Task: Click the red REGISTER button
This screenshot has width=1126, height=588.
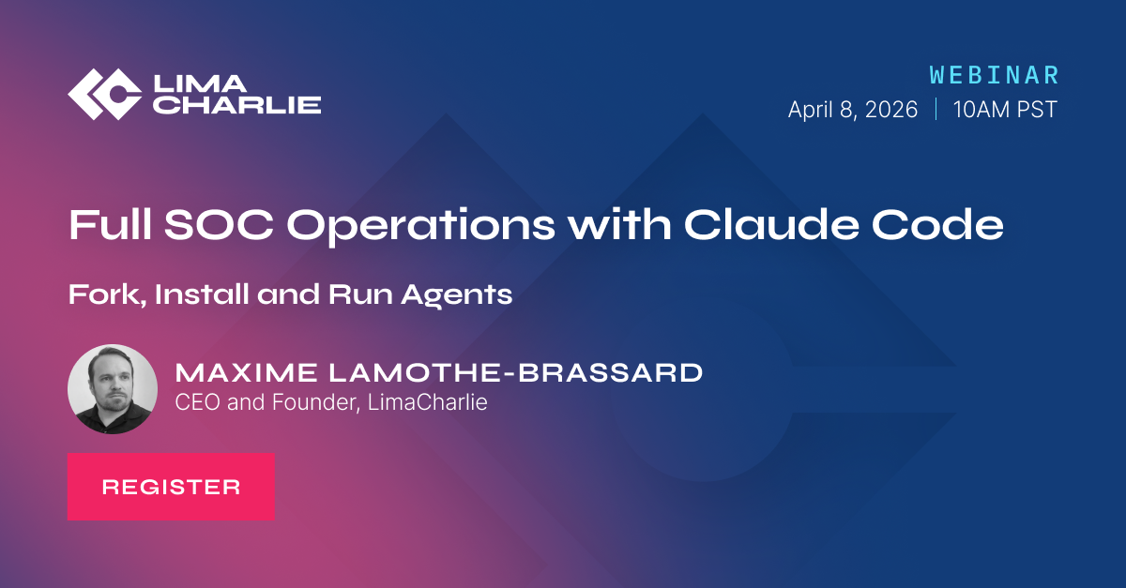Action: click(171, 487)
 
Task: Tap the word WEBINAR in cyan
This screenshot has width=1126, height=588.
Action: click(995, 75)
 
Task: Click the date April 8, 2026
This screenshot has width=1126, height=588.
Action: click(853, 110)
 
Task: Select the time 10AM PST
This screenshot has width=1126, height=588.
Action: click(1005, 110)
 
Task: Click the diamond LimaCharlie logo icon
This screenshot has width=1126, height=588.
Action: click(104, 94)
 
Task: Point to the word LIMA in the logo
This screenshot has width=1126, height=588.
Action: click(200, 83)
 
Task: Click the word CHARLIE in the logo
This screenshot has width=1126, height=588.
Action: click(237, 105)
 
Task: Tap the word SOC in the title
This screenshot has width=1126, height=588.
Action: click(220, 224)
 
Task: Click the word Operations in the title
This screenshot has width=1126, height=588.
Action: click(421, 227)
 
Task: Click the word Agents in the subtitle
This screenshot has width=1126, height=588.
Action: click(456, 295)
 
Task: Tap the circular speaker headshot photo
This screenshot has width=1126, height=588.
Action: click(113, 389)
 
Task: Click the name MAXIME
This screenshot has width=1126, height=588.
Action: click(246, 373)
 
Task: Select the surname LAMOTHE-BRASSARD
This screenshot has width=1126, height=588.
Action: click(515, 373)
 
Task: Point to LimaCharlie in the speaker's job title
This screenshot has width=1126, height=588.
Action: click(427, 402)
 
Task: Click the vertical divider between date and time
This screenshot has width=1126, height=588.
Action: click(936, 110)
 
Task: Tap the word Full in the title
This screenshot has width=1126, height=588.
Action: click(110, 224)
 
